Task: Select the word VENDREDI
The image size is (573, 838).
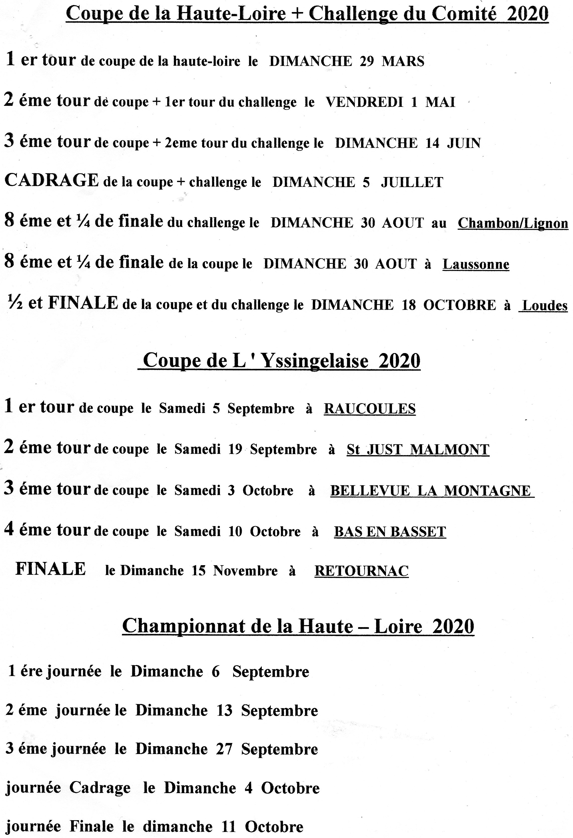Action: point(364,102)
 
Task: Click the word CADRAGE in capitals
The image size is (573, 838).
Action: point(52,180)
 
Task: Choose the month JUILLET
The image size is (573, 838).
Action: point(412,182)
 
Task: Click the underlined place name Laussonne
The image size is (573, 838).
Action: point(476,264)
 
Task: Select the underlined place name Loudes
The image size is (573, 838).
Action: point(544,305)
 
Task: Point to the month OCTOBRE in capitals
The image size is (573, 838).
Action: point(459,305)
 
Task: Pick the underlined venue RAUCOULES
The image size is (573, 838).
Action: point(369,408)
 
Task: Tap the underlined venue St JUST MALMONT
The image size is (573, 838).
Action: point(418,449)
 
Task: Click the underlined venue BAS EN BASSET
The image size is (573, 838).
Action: point(390,532)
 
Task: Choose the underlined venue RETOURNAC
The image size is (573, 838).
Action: point(361,571)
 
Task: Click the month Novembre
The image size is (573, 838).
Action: point(245,571)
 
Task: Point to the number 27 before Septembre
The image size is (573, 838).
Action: point(224,749)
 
